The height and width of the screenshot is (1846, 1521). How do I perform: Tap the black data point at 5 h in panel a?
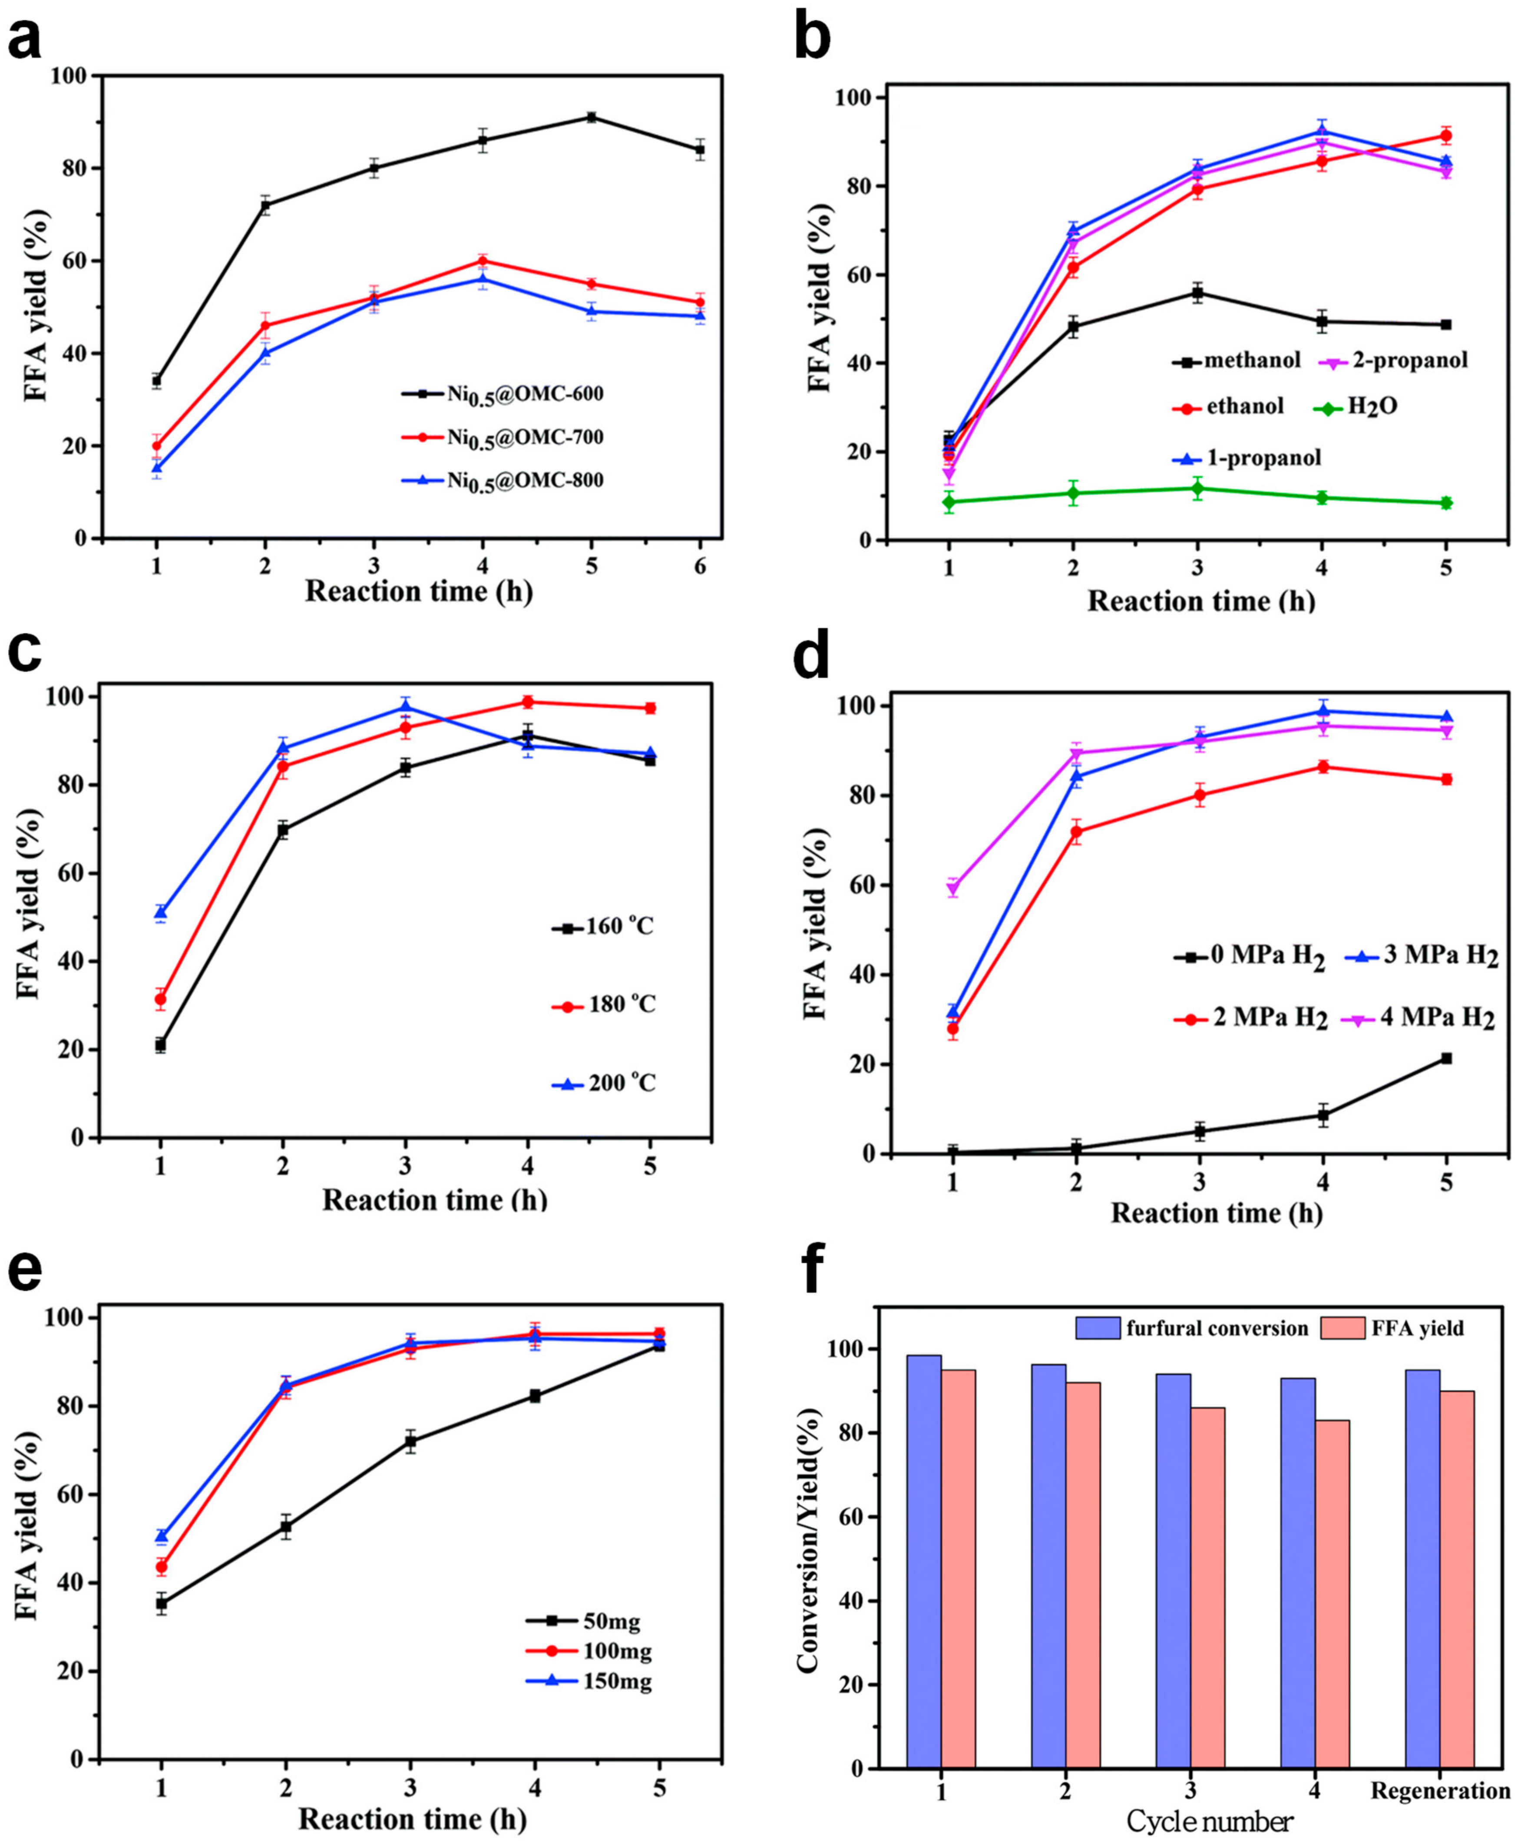(x=592, y=116)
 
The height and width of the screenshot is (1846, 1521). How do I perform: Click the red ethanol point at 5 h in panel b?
(x=1446, y=136)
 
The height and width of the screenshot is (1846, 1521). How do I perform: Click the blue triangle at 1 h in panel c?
(x=160, y=912)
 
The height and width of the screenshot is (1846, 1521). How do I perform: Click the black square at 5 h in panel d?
(x=1446, y=1058)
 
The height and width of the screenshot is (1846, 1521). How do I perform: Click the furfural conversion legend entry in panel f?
(x=1192, y=1328)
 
